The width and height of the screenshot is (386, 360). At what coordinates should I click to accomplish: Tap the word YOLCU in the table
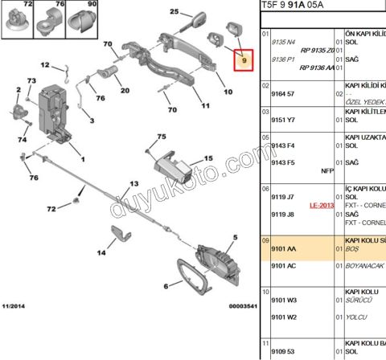click(358, 317)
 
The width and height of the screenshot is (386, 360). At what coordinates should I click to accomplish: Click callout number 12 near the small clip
click(45, 65)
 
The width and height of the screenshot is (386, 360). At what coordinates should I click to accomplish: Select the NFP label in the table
click(326, 170)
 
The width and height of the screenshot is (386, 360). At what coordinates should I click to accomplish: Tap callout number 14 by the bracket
click(101, 253)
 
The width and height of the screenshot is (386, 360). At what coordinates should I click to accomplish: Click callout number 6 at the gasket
click(166, 285)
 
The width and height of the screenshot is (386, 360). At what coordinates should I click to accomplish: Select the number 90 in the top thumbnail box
click(91, 6)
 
